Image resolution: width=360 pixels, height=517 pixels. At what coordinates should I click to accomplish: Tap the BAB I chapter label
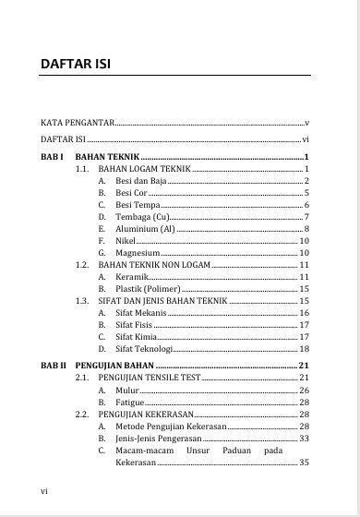pos(51,157)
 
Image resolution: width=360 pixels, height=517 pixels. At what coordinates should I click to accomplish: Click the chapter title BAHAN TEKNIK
pos(105,157)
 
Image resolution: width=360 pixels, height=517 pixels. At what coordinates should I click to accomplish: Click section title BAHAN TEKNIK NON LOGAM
pos(154,265)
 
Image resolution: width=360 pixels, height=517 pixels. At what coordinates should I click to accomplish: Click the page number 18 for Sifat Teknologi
pos(304,349)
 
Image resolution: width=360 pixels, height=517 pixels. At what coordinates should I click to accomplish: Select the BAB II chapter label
pos(53,367)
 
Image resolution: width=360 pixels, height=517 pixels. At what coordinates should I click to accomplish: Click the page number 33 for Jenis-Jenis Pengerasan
pos(304,439)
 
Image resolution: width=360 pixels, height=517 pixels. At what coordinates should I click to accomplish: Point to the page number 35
pos(304,463)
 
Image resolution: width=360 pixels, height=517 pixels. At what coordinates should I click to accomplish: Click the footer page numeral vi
pos(44,490)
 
